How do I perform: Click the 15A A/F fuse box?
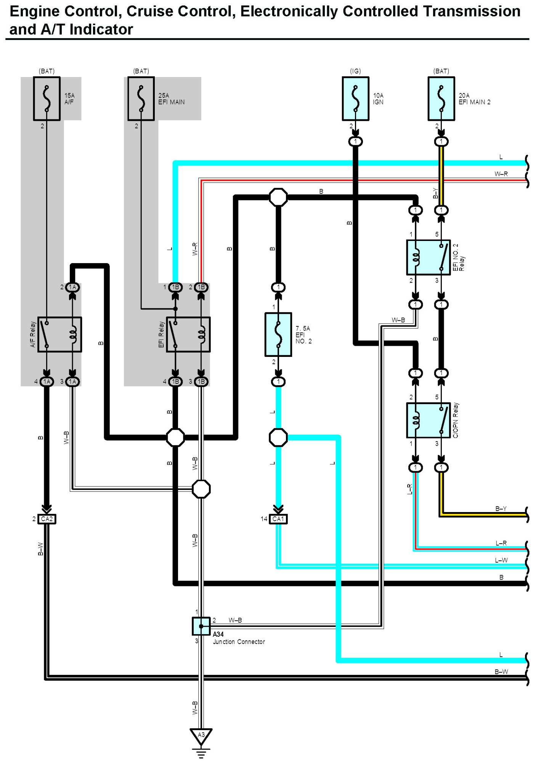47,99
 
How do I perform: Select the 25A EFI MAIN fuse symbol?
141,99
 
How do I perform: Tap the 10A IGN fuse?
355,99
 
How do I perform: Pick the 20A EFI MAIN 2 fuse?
441,99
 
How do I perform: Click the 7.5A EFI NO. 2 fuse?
278,334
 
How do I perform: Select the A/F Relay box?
59,334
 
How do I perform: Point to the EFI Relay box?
188,334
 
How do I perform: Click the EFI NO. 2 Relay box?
429,257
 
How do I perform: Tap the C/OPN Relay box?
429,420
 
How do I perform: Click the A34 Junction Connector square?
201,626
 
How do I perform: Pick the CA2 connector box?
47,519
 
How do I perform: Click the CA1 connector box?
278,519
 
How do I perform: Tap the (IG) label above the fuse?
355,71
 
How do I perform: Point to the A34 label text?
218,634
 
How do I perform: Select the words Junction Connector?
239,642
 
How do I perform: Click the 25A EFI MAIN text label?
172,99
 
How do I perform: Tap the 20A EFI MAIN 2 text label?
475,99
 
